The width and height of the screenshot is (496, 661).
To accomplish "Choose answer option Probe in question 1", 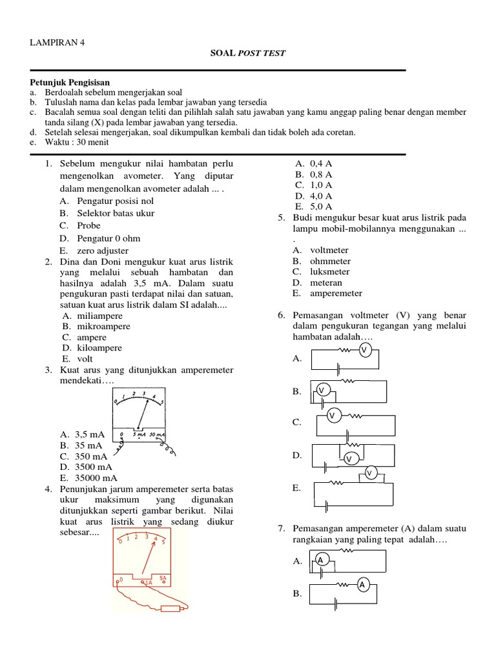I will click(88, 225).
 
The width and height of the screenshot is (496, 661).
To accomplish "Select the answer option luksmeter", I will click(330, 272).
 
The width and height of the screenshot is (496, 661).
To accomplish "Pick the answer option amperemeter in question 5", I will click(336, 293).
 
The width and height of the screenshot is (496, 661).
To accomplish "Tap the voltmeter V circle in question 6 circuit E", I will click(370, 474).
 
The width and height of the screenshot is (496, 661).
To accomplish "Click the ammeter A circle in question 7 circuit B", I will click(362, 585).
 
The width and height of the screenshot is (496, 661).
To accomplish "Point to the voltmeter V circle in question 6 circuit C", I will click(332, 416).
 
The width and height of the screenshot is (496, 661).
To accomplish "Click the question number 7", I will click(282, 529).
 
